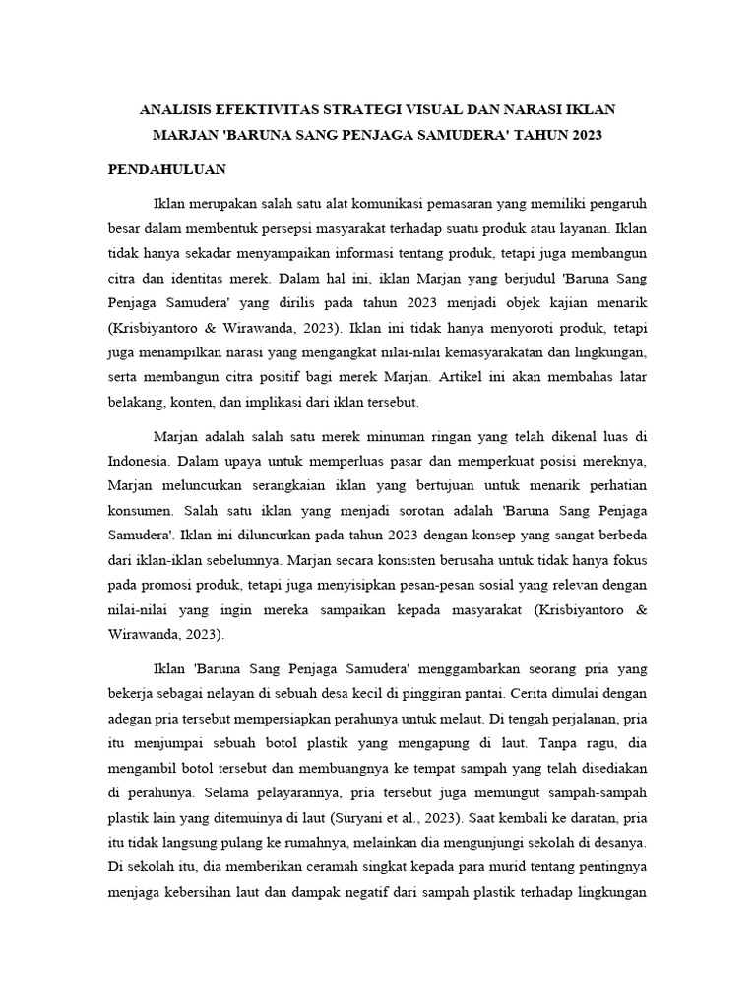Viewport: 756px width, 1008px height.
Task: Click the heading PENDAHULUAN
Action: [167, 169]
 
